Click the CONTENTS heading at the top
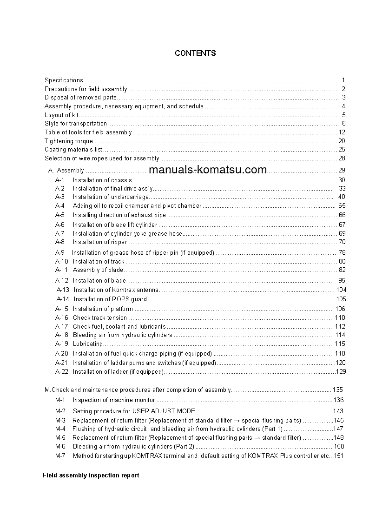click(x=195, y=53)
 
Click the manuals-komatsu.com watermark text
click(x=208, y=170)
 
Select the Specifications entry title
click(x=64, y=80)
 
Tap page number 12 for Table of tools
click(x=342, y=132)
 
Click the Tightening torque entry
click(x=68, y=141)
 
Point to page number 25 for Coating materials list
click(x=342, y=150)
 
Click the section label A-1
click(x=60, y=180)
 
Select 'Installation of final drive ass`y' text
click(x=113, y=189)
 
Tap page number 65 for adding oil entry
click(x=342, y=206)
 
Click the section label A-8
click(x=60, y=242)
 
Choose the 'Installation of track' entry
click(x=99, y=262)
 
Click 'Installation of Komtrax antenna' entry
click(x=116, y=290)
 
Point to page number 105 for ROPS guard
click(x=341, y=299)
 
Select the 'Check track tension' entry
click(x=100, y=318)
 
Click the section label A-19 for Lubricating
click(x=61, y=344)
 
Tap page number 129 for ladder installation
click(x=341, y=372)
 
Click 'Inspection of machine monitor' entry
click(x=114, y=400)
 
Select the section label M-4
click(x=60, y=429)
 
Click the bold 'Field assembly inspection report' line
click(x=91, y=476)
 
